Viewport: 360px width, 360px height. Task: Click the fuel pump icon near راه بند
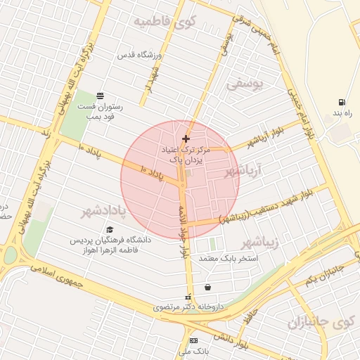342,103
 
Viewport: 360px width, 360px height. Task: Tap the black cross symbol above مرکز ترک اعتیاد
186,139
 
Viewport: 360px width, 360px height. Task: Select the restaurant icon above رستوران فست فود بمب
100,95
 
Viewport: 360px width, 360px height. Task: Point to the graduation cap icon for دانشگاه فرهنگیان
109,229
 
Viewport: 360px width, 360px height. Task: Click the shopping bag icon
207,287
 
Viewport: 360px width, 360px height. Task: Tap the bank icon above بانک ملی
193,340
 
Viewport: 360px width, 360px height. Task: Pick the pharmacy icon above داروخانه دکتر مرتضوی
187,297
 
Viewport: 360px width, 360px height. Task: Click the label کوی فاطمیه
163,22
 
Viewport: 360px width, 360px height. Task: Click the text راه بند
342,113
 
